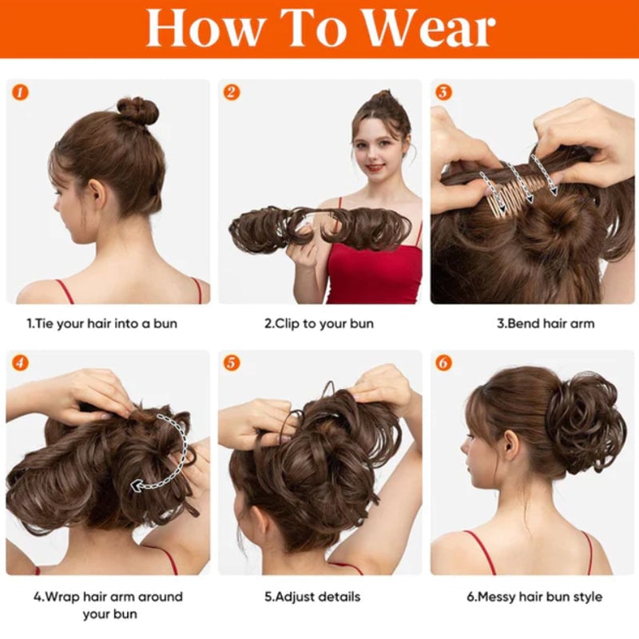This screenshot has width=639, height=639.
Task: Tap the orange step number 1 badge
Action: pyautogui.click(x=21, y=93)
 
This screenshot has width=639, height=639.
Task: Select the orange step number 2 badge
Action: pyautogui.click(x=232, y=93)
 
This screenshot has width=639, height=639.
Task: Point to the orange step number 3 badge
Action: pyautogui.click(x=443, y=93)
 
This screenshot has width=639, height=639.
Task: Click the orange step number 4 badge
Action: pyautogui.click(x=21, y=363)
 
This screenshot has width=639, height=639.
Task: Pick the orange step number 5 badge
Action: pyautogui.click(x=232, y=363)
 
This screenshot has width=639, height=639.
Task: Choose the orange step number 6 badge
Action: pyautogui.click(x=443, y=363)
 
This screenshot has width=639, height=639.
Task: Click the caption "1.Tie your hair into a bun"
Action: pyautogui.click(x=102, y=324)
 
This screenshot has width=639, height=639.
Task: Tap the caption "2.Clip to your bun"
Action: pyautogui.click(x=319, y=324)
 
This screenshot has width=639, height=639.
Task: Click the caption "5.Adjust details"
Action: pyautogui.click(x=319, y=597)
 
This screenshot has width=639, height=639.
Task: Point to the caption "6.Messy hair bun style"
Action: pyautogui.click(x=534, y=597)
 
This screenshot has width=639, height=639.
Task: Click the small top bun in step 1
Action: pyautogui.click(x=137, y=111)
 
